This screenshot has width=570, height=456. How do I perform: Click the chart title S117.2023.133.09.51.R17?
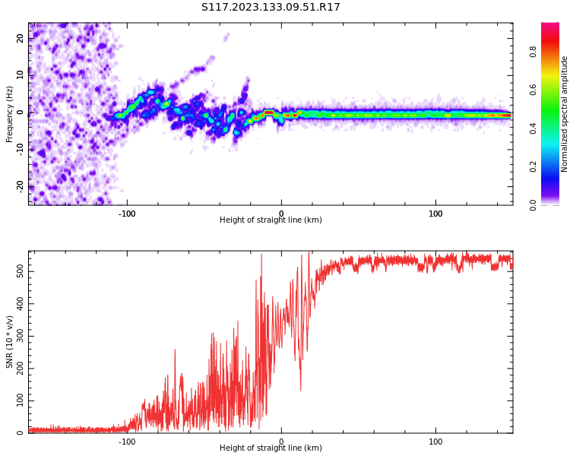click(271, 8)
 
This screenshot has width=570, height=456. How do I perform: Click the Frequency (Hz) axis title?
click(10, 114)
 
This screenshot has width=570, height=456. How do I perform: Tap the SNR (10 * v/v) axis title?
click(10, 342)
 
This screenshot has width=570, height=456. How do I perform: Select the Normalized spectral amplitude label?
click(565, 114)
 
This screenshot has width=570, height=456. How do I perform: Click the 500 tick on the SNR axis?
click(19, 271)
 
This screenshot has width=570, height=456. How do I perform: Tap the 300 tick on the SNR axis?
click(19, 336)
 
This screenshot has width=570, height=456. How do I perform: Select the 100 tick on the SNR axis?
click(19, 401)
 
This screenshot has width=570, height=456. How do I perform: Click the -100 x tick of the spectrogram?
click(127, 214)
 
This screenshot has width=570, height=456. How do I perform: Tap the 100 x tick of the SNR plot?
click(435, 442)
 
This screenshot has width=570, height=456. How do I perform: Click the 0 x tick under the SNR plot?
click(281, 442)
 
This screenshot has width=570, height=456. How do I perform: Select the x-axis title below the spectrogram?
click(271, 220)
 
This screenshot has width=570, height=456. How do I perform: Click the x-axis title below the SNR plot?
click(271, 448)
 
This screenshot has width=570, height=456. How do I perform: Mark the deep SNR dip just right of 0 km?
click(300, 389)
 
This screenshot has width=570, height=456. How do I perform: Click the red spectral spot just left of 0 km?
click(269, 112)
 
